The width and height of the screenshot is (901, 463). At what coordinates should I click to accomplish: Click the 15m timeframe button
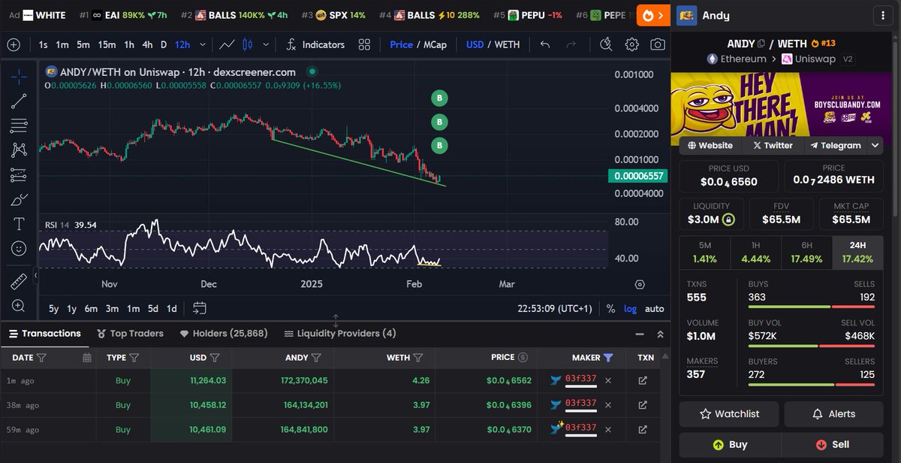coord(107,44)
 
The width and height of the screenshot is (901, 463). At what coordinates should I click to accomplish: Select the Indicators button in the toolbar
coord(315,44)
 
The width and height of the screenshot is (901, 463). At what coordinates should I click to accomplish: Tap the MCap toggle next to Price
coord(435,44)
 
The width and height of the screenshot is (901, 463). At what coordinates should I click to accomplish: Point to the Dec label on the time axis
coord(209,284)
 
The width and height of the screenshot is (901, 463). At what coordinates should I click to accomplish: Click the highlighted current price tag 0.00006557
coord(637,176)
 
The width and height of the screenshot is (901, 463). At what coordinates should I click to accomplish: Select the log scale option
coord(630,308)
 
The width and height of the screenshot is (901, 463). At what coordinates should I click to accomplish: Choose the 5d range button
coord(152,308)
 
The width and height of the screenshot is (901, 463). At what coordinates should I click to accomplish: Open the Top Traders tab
coord(131,334)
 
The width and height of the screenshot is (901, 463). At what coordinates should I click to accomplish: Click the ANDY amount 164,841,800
coord(298,430)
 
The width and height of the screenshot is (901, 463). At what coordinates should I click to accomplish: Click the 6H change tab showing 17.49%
coord(806,252)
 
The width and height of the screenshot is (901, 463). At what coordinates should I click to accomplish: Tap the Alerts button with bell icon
coord(833,413)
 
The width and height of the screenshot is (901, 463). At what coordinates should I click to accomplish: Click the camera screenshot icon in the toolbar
coord(658,44)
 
